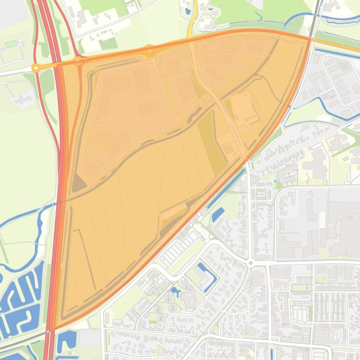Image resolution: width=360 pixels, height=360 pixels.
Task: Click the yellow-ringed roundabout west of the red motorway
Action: [x=36, y=68]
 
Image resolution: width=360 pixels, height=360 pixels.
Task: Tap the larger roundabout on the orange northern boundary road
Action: [x=149, y=50]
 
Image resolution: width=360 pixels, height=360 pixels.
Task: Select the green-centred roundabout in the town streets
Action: [x=250, y=263]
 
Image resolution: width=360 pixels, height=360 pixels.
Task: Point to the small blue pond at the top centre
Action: [x=188, y=10]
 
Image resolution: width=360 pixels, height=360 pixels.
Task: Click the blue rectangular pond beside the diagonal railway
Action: [x=218, y=214]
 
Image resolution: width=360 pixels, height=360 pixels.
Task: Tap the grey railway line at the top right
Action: [x=316, y=14]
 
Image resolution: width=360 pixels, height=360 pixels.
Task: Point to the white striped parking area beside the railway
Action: [x=178, y=252]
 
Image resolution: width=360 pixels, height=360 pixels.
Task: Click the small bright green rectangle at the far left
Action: [x=11, y=44]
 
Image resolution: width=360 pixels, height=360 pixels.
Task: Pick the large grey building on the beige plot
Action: [x=317, y=164]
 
